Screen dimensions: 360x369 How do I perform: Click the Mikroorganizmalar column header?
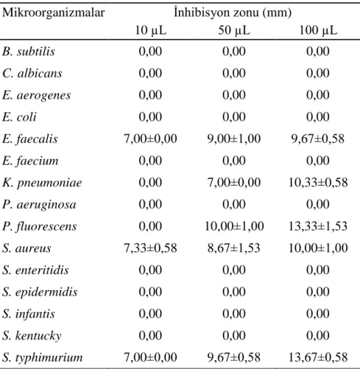(53, 13)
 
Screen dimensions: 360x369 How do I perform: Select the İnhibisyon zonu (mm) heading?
(233, 13)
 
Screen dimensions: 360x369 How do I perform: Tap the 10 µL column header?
(150, 30)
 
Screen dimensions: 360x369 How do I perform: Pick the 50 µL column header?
(234, 30)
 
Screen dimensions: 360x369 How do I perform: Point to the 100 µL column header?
(318, 30)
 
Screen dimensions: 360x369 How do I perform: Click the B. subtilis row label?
(29, 52)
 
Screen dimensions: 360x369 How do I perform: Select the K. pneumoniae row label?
(42, 183)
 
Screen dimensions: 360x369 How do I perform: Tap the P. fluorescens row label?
(40, 226)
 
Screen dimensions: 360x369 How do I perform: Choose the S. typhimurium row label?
(43, 358)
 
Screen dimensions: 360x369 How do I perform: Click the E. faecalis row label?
(30, 139)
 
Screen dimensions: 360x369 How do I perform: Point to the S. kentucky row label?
(32, 336)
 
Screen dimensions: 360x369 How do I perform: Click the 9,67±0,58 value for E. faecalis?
(318, 139)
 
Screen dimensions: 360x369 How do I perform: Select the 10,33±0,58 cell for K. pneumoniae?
(318, 183)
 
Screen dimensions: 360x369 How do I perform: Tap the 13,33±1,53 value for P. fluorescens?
(318, 226)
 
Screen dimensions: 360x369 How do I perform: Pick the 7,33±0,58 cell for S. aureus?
(150, 248)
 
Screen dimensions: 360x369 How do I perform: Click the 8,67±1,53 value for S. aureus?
(234, 248)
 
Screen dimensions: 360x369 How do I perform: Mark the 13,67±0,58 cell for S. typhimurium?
(318, 357)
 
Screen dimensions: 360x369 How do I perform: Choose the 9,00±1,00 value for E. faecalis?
(234, 139)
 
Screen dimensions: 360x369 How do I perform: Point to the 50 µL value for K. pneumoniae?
(234, 183)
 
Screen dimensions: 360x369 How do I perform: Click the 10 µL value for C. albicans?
(150, 74)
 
